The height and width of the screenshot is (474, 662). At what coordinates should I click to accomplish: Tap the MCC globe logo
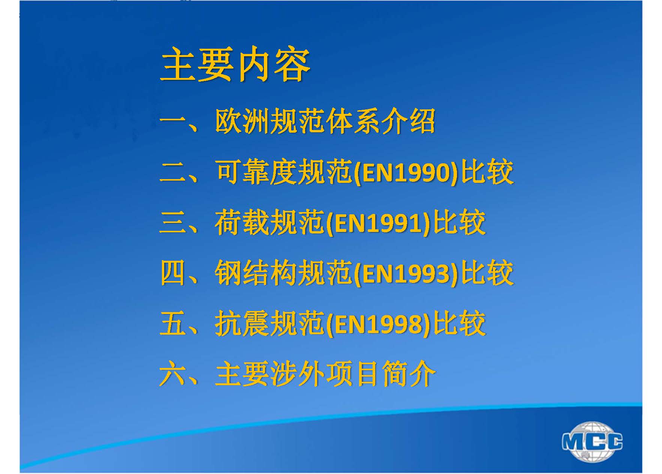click(592, 441)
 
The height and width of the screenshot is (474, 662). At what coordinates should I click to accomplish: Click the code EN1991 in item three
click(378, 224)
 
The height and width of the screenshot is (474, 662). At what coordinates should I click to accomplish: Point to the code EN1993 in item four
click(406, 274)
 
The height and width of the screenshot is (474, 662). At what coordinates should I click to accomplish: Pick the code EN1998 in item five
click(378, 324)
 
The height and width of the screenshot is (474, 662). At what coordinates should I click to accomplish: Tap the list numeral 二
click(173, 173)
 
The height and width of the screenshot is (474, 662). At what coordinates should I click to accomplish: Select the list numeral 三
click(173, 223)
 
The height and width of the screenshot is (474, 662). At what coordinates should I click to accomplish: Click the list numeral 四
click(173, 274)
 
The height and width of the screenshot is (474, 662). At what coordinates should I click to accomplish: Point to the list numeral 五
click(173, 324)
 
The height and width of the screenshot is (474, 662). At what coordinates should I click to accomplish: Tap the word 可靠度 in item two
click(256, 173)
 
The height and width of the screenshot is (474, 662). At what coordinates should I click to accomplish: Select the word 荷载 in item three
click(242, 223)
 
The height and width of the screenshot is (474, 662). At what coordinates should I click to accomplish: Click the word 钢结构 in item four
click(256, 274)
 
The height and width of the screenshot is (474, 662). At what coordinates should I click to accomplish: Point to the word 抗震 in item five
click(242, 324)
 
